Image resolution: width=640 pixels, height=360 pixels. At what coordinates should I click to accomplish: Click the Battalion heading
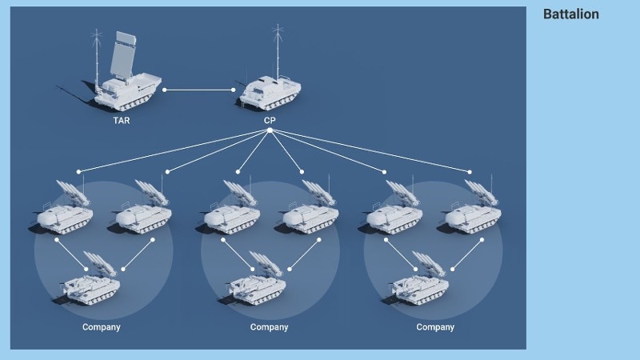pyautogui.click(x=570, y=14)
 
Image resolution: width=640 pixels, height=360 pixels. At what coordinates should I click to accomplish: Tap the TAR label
pyautogui.click(x=122, y=121)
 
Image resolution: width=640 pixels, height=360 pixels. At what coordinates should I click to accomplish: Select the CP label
pyautogui.click(x=270, y=121)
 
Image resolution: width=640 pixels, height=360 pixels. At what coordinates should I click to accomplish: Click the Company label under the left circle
pyautogui.click(x=102, y=327)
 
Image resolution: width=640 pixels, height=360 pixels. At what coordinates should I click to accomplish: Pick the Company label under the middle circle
pyautogui.click(x=269, y=327)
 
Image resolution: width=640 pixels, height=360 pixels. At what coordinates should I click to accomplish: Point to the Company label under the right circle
pyautogui.click(x=435, y=327)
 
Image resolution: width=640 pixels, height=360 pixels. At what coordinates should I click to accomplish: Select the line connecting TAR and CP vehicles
pyautogui.click(x=199, y=90)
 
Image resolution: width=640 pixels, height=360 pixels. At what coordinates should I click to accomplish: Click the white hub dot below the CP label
pyautogui.click(x=270, y=130)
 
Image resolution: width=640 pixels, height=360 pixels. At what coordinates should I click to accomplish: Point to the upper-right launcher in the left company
pyautogui.click(x=144, y=210)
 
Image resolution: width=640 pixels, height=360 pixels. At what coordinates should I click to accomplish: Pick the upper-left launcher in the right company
pyautogui.click(x=394, y=210)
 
